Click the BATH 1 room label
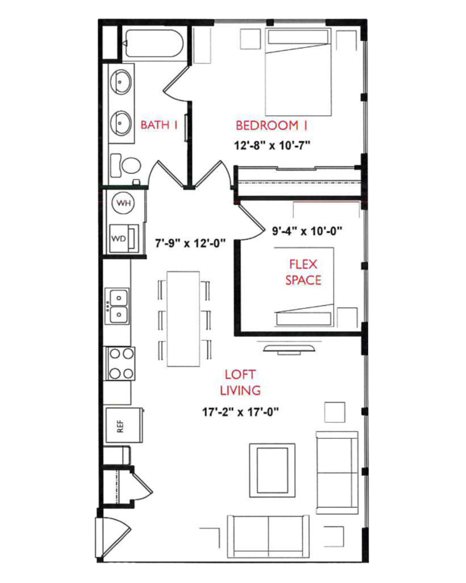pyautogui.click(x=159, y=125)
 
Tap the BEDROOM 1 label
pyautogui.click(x=272, y=125)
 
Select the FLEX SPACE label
pyautogui.click(x=303, y=272)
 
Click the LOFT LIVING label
pyautogui.click(x=241, y=383)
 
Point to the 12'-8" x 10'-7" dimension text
pyautogui.click(x=272, y=143)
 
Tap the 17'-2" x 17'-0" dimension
pyautogui.click(x=241, y=413)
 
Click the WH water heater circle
pyautogui.click(x=124, y=203)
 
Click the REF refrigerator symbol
pyautogui.click(x=119, y=426)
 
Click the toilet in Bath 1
pyautogui.click(x=127, y=165)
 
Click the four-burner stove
pyautogui.click(x=121, y=363)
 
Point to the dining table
pyautogui.click(x=183, y=317)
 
